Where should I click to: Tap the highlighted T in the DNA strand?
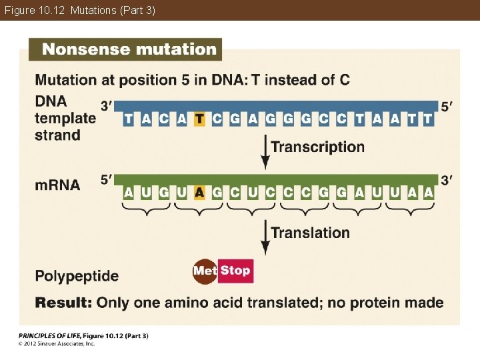199,119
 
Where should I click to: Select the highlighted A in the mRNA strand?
199,193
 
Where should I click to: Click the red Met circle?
204,271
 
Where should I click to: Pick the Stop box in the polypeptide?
235,271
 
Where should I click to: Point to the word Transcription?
317,147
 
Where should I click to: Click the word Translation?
310,233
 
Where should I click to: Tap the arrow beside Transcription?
265,152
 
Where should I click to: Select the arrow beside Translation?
265,237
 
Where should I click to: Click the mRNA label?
57,185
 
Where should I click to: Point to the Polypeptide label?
77,276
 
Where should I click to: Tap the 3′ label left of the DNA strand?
107,105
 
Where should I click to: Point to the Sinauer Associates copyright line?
57,343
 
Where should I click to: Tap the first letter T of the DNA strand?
128,119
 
